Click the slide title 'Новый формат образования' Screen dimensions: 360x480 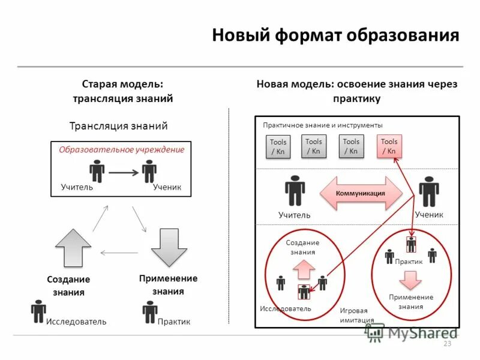pyautogui.click(x=335, y=35)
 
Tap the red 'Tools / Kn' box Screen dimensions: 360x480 pyautogui.click(x=389, y=146)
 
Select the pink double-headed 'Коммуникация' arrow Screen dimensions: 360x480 pyautogui.click(x=360, y=193)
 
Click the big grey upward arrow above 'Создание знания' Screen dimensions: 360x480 pyautogui.click(x=73, y=248)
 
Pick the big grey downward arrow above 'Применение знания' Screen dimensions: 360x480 pyautogui.click(x=169, y=247)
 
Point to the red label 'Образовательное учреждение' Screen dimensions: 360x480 pyautogui.click(x=121, y=149)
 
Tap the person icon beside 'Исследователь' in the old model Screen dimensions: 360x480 pyautogui.click(x=38, y=311)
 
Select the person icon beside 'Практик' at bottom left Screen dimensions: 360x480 pyautogui.click(x=150, y=312)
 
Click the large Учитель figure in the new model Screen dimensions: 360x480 pyautogui.click(x=295, y=190)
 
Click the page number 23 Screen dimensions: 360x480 pyautogui.click(x=446, y=344)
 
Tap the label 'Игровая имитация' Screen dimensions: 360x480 pyautogui.click(x=357, y=315)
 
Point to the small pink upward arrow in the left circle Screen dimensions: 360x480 pyautogui.click(x=304, y=271)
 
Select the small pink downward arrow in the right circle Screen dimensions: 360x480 pyautogui.click(x=411, y=280)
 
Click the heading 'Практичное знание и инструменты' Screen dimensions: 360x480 pyautogui.click(x=322, y=125)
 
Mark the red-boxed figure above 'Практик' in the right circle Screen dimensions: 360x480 pyautogui.click(x=411, y=244)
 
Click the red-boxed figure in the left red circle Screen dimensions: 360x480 pyautogui.click(x=305, y=292)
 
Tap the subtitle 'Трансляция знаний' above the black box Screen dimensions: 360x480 pyautogui.click(x=118, y=126)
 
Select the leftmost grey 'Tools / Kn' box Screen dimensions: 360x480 pyautogui.click(x=278, y=146)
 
